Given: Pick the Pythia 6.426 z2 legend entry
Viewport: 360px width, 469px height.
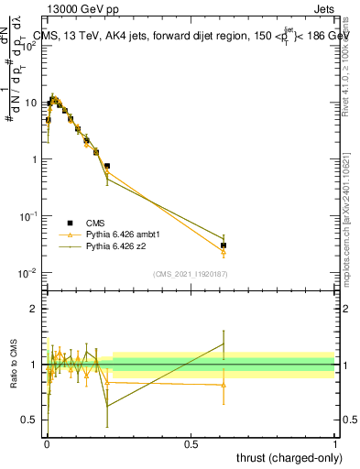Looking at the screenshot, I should (x=114, y=246).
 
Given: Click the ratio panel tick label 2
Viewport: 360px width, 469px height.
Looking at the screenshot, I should (x=33, y=309).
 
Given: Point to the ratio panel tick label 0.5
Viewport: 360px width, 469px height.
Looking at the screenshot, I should (x=29, y=421).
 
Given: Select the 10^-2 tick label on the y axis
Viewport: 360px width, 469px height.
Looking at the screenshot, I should (x=27, y=273).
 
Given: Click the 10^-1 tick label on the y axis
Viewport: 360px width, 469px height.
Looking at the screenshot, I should (x=27, y=216).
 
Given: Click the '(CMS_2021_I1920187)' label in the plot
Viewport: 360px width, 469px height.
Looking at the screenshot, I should (x=191, y=274).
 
